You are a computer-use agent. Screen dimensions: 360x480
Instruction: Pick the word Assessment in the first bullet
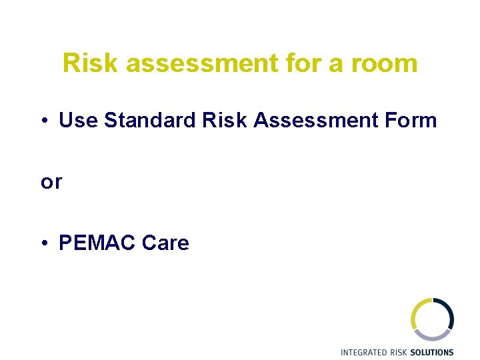[298, 121]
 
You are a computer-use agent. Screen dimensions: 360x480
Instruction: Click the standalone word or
[51, 182]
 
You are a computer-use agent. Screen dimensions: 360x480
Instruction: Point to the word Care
[165, 243]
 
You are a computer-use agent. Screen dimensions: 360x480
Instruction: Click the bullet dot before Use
[44, 121]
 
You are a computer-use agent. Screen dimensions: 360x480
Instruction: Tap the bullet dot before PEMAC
[44, 243]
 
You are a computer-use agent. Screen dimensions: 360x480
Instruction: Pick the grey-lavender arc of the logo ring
[433, 337]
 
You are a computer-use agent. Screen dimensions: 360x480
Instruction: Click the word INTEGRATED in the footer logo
[364, 352]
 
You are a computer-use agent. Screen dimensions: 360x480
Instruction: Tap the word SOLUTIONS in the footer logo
[432, 352]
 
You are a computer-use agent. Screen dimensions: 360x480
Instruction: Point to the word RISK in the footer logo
[399, 352]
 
